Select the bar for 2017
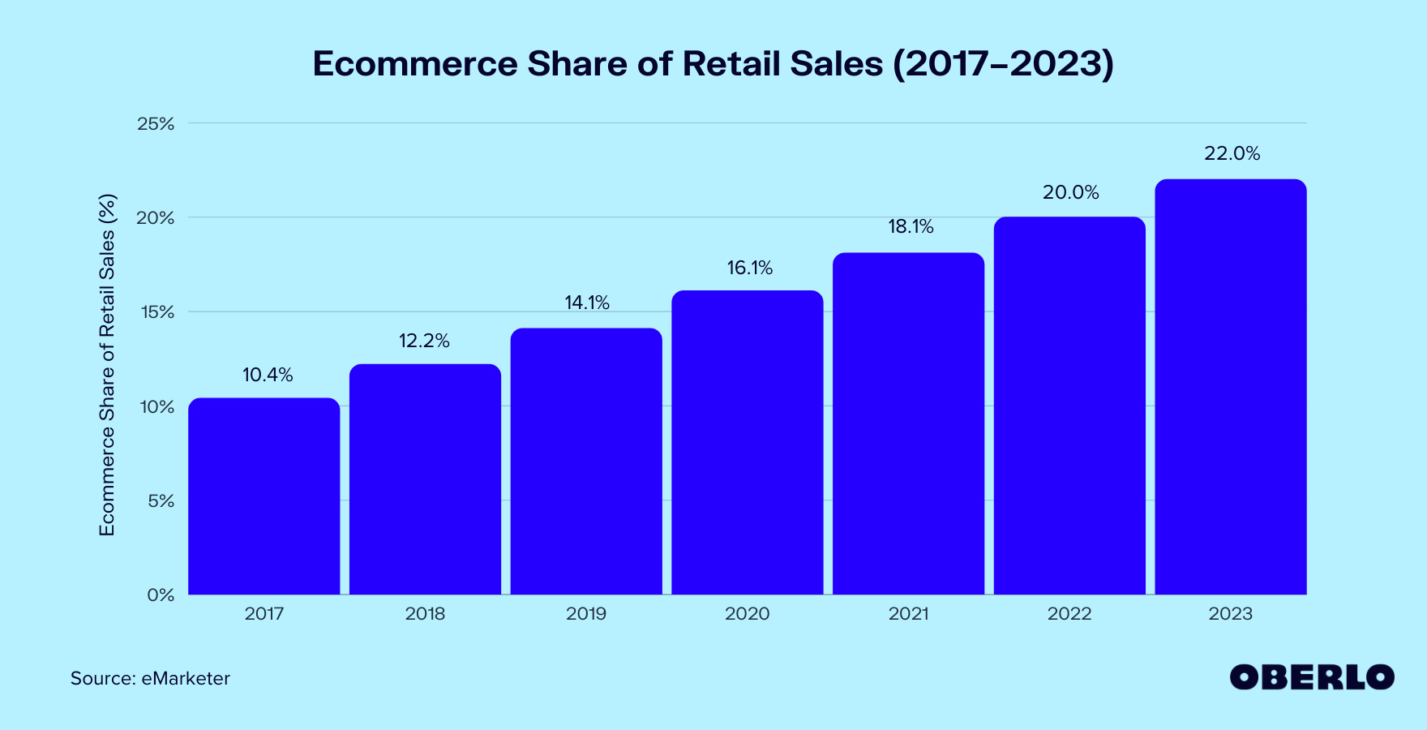pos(264,496)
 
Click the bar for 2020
pos(747,443)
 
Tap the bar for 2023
pos(1230,387)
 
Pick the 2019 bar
pos(586,462)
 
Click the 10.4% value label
pos(268,375)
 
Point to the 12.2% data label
pos(424,341)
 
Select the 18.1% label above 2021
pos(911,226)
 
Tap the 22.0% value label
pos(1232,153)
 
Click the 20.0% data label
pos(1070,192)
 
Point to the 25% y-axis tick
pos(156,124)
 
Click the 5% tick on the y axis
pos(161,501)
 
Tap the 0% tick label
pos(161,595)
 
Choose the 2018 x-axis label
pos(425,614)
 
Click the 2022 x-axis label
pos(1069,614)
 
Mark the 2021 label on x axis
pos(908,614)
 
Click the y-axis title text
pos(107,365)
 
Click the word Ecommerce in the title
pos(415,64)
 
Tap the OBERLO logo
pos(1311,677)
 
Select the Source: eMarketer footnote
pos(150,678)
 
